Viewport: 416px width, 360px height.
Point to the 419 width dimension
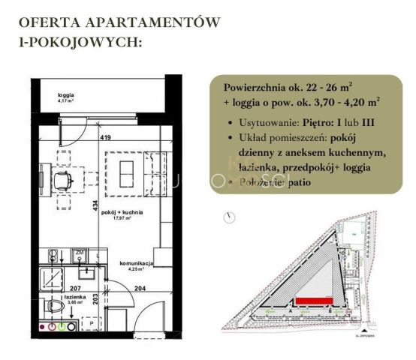coord(107,137)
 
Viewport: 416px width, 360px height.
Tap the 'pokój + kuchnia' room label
coord(123,214)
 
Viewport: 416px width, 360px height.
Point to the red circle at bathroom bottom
coord(52,328)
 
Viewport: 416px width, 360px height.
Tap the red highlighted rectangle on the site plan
coord(314,301)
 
